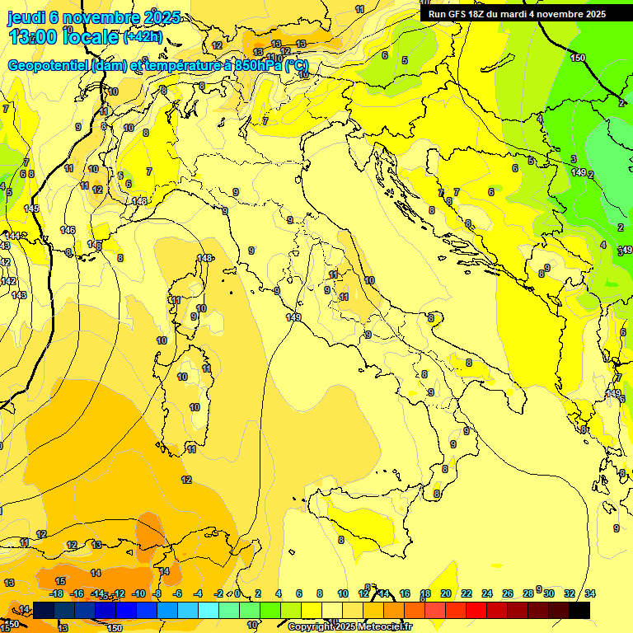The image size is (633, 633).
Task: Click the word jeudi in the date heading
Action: [x=27, y=17]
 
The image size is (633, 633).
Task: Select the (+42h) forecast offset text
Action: [x=143, y=37]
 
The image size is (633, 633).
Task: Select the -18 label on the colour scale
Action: [x=57, y=593]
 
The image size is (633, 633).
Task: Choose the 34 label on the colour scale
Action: [x=590, y=593]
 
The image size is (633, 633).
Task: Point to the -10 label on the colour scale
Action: [x=138, y=593]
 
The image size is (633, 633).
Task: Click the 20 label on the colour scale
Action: [x=446, y=593]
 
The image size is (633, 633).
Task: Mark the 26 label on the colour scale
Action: [x=508, y=593]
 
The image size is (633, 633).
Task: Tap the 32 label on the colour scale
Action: [x=570, y=593]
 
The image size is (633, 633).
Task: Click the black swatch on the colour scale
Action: [x=579, y=610]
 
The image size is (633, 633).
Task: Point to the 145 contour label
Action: [x=31, y=209]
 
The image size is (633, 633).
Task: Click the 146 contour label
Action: [x=68, y=230]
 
